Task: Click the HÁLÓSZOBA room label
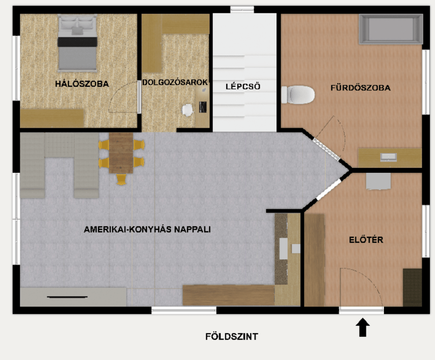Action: pyautogui.click(x=82, y=83)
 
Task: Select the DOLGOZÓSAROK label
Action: pyautogui.click(x=175, y=83)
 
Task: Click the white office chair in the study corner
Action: pyautogui.click(x=188, y=110)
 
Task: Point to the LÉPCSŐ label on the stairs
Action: pyautogui.click(x=243, y=87)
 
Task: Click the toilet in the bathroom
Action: pyautogui.click(x=298, y=95)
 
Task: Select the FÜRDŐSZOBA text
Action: pyautogui.click(x=360, y=88)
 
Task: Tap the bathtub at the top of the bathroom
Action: pyautogui.click(x=390, y=29)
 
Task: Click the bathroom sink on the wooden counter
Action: pyautogui.click(x=389, y=157)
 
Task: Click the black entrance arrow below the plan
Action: pyautogui.click(x=362, y=328)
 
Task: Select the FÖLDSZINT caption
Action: pyautogui.click(x=231, y=337)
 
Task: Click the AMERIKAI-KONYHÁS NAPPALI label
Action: pyautogui.click(x=147, y=229)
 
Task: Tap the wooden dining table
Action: pyautogui.click(x=121, y=153)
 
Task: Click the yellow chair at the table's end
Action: pyautogui.click(x=121, y=179)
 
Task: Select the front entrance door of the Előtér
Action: pyautogui.click(x=361, y=309)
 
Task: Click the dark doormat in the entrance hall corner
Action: pyautogui.click(x=412, y=287)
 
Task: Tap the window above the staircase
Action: pyautogui.click(x=242, y=9)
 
